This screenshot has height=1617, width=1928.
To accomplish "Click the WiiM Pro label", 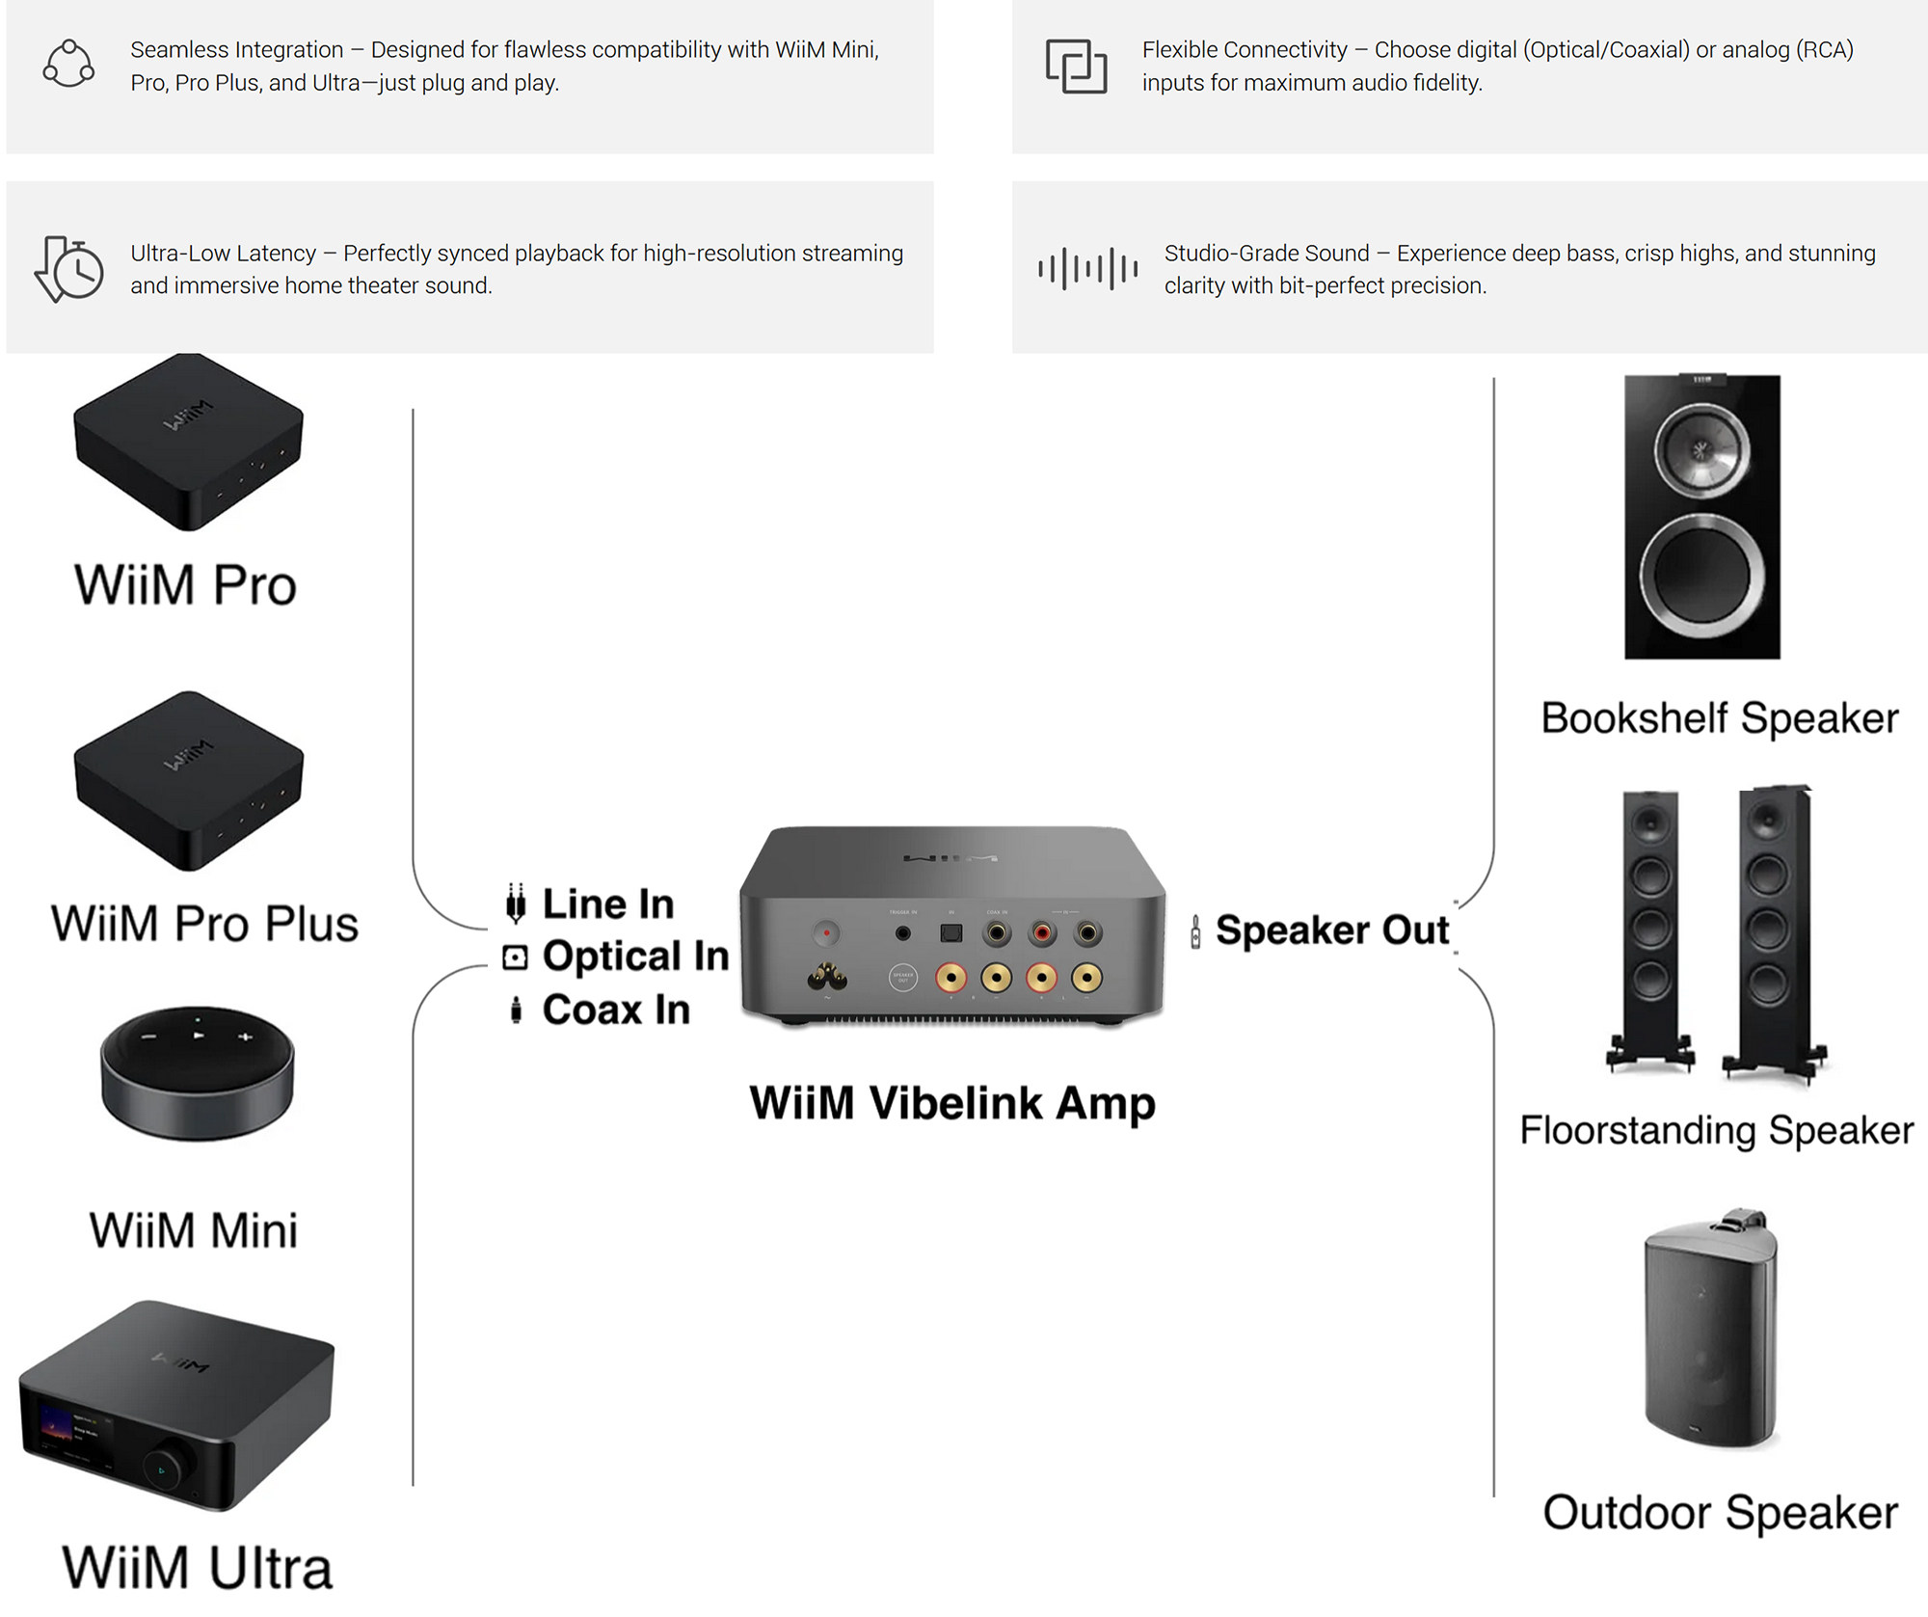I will [185, 585].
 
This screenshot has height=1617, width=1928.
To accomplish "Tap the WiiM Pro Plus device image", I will [189, 780].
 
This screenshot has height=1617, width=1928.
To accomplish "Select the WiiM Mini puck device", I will [197, 1072].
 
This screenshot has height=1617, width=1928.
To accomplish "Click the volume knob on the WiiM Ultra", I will [161, 1469].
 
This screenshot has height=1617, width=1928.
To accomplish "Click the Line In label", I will [607, 904].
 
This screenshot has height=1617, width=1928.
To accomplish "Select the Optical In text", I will [635, 957].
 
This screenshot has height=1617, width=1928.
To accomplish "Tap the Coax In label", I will [616, 1011].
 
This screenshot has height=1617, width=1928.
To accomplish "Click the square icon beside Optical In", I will [516, 957].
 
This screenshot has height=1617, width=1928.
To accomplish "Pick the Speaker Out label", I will [1331, 930].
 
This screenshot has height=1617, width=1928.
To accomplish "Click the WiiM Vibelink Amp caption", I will [952, 1103].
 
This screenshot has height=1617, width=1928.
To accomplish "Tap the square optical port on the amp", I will [951, 933].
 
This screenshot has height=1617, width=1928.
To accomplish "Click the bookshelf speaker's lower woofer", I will [1701, 575].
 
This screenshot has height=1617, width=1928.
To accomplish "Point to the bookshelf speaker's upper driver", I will [1701, 450].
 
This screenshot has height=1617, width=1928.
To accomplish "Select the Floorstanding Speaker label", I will [1716, 1130].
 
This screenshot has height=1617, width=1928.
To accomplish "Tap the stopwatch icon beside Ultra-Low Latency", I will [69, 269].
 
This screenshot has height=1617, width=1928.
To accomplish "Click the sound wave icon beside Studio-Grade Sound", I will [1087, 269].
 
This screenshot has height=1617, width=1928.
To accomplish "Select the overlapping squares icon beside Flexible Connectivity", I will [1076, 66].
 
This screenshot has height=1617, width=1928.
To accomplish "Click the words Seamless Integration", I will [237, 50].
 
